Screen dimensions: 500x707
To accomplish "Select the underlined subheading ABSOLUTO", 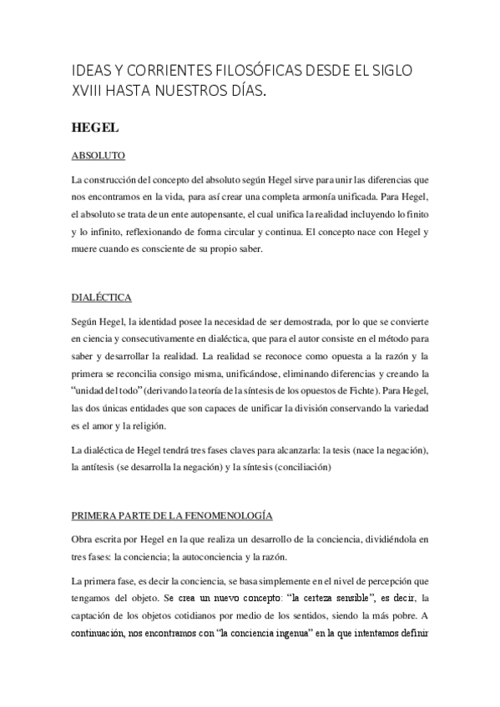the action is pos(98,156).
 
